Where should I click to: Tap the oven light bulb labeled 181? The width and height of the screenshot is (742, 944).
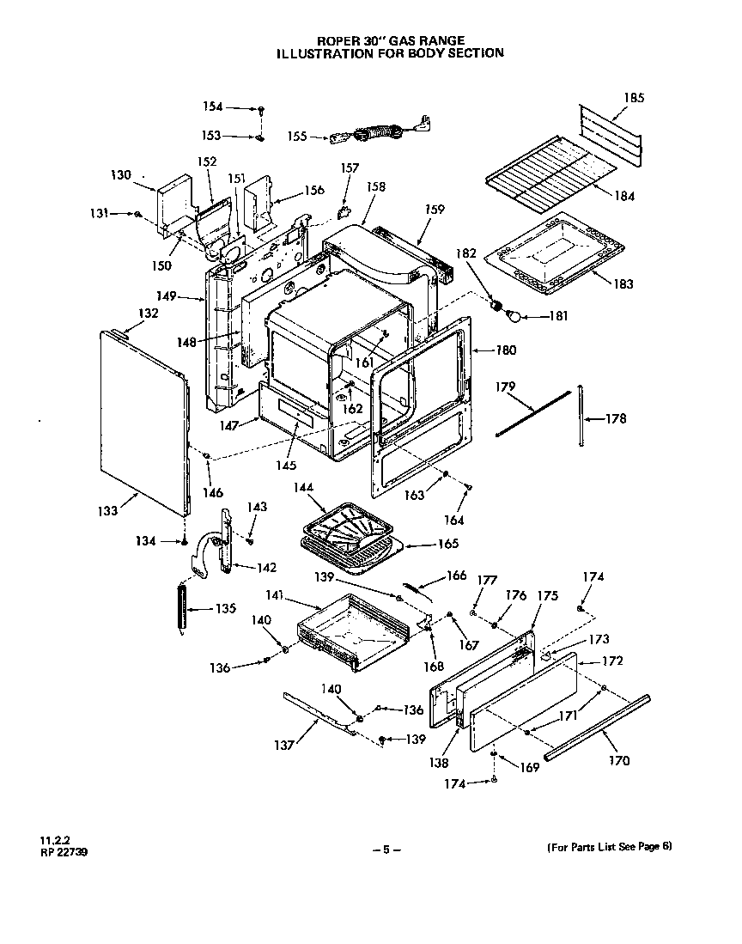(514, 317)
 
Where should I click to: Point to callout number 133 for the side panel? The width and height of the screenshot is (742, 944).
(108, 510)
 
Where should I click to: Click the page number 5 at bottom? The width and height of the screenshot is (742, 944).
(386, 850)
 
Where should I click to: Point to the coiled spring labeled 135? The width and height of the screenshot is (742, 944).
(181, 608)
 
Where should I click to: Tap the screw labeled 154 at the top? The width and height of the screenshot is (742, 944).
(261, 109)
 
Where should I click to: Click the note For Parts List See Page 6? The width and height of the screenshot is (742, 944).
(609, 847)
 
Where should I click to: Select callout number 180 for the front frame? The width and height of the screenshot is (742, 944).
(506, 350)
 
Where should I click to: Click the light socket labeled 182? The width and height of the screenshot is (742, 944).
(496, 303)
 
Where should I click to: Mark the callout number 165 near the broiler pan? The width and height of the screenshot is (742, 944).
(447, 543)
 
